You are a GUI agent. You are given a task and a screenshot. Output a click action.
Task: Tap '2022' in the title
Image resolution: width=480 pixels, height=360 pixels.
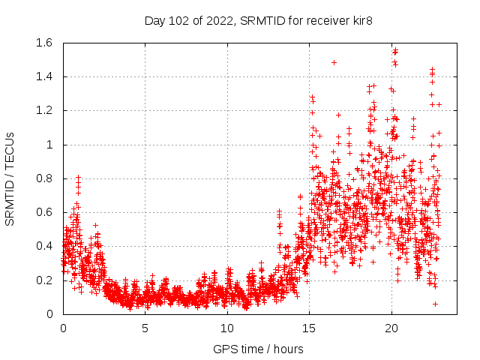click(221, 20)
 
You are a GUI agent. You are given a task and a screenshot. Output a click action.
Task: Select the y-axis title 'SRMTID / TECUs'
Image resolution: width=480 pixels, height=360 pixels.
click(10, 178)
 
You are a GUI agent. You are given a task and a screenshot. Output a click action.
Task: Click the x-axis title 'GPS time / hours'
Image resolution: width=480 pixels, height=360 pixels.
click(258, 349)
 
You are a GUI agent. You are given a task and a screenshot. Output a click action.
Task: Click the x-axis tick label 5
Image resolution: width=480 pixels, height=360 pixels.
click(145, 328)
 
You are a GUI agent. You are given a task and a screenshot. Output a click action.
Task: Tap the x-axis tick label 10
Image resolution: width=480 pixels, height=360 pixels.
click(227, 328)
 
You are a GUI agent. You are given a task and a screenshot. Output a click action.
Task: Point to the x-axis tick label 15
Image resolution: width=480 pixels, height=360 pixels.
click(309, 328)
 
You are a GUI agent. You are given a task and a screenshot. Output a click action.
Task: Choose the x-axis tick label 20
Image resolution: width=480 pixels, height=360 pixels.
click(391, 328)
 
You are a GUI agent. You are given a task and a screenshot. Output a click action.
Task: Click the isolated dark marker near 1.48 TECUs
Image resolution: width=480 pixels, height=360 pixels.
click(334, 62)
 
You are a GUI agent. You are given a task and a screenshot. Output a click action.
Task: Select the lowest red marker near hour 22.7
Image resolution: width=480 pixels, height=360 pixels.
click(435, 303)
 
